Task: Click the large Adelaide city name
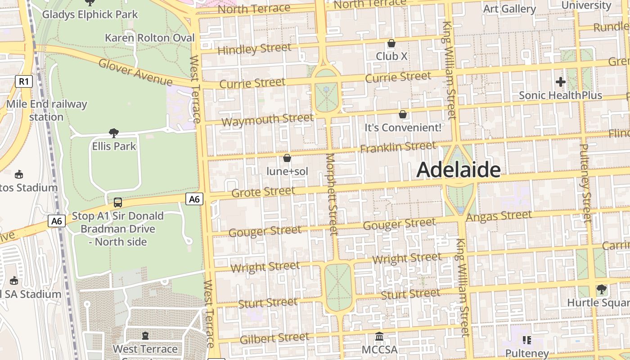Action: tap(458, 170)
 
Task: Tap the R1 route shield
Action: tap(24, 81)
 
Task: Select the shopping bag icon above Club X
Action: tap(391, 44)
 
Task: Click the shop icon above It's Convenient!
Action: tap(403, 115)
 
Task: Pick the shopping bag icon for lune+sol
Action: tap(287, 158)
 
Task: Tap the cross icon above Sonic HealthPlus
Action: tap(560, 82)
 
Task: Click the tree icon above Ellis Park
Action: tap(114, 133)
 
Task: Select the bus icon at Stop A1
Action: tap(117, 202)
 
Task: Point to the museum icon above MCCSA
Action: tap(379, 337)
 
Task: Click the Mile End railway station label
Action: tap(46, 111)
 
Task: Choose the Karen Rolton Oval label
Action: tap(149, 38)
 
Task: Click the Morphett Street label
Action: tap(332, 194)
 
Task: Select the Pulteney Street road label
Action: tap(585, 183)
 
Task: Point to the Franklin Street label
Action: tap(398, 147)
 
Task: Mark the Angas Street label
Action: tap(499, 216)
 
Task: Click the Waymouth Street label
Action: tap(267, 120)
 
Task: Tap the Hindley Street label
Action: tap(254, 49)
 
